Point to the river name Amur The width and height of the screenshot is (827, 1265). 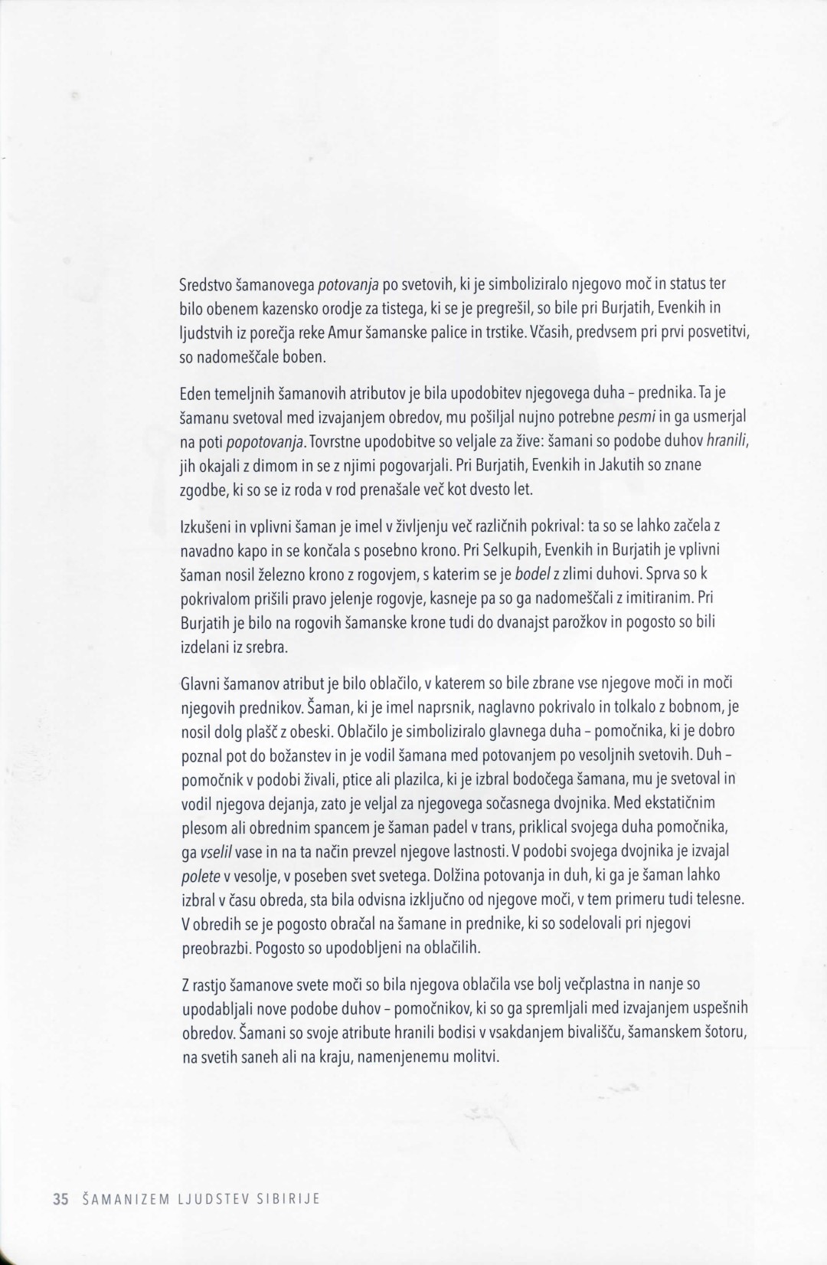344,333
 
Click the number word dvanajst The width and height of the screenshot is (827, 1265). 475,624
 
